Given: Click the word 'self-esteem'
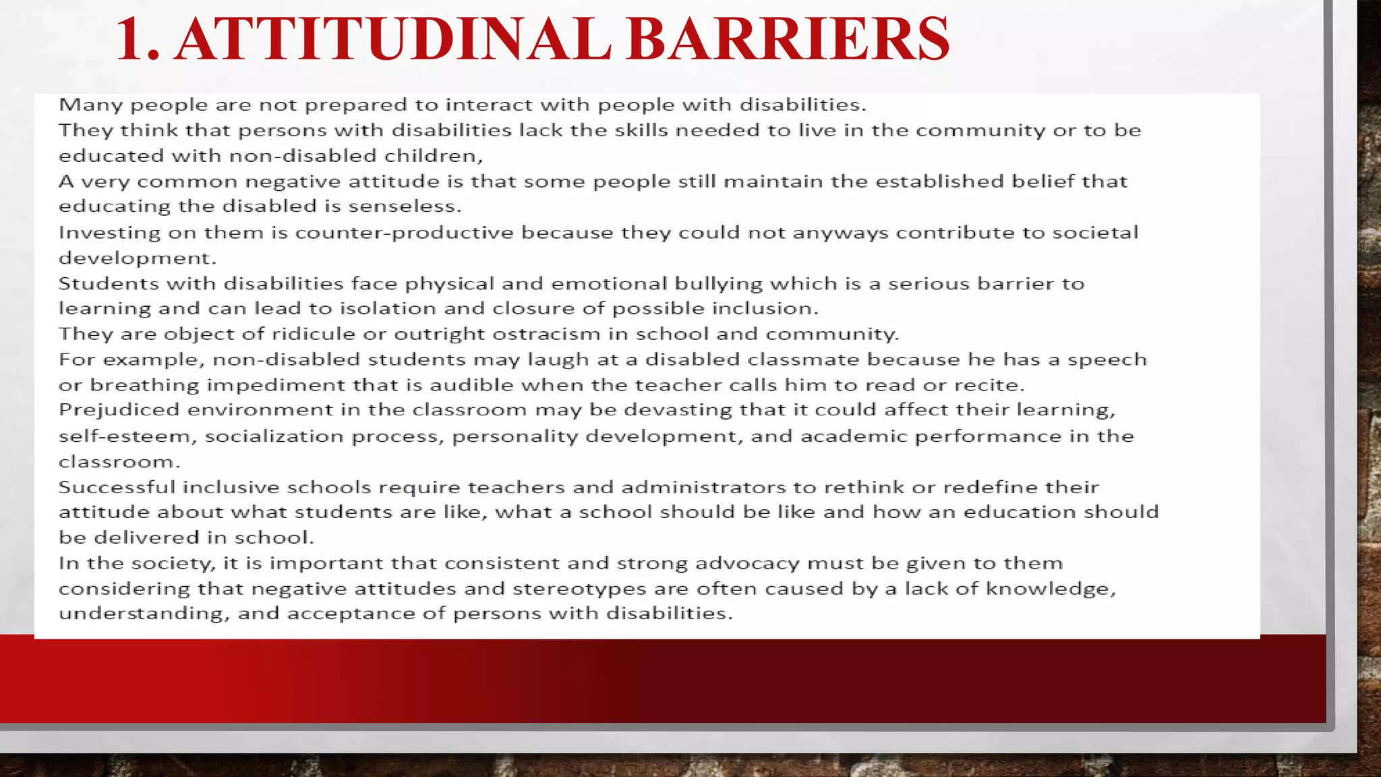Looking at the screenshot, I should click(127, 436).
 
